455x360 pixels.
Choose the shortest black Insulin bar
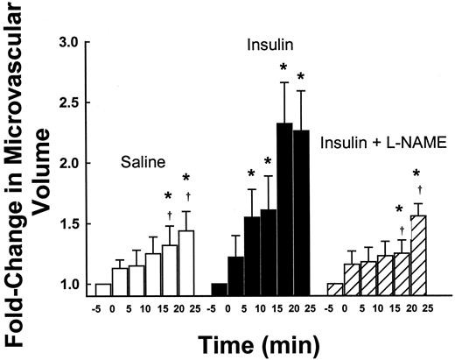pos(219,290)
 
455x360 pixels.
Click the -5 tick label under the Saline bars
pos(97,307)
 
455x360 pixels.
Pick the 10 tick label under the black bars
pos(266,307)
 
